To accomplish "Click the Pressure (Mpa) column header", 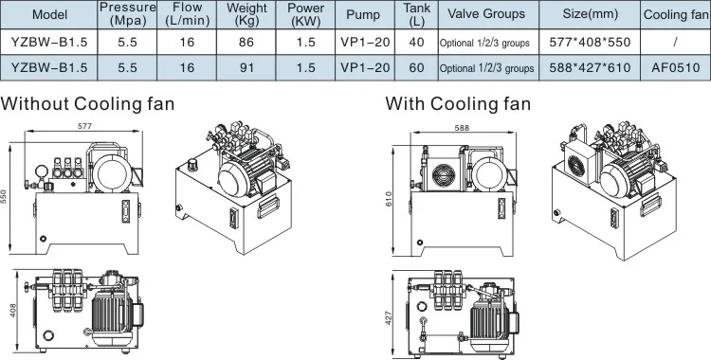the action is pyautogui.click(x=127, y=14).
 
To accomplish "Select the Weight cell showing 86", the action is pyautogui.click(x=246, y=43).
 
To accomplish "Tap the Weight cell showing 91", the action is pyautogui.click(x=246, y=67).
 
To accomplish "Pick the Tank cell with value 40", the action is pyautogui.click(x=416, y=43).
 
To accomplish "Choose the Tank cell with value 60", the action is pyautogui.click(x=416, y=67).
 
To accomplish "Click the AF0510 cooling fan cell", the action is pyautogui.click(x=676, y=67).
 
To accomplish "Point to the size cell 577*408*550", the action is pyautogui.click(x=590, y=43).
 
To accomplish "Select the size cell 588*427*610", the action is pyautogui.click(x=590, y=67).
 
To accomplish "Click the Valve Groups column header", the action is pyautogui.click(x=486, y=13).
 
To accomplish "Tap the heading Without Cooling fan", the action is pyautogui.click(x=87, y=104).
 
